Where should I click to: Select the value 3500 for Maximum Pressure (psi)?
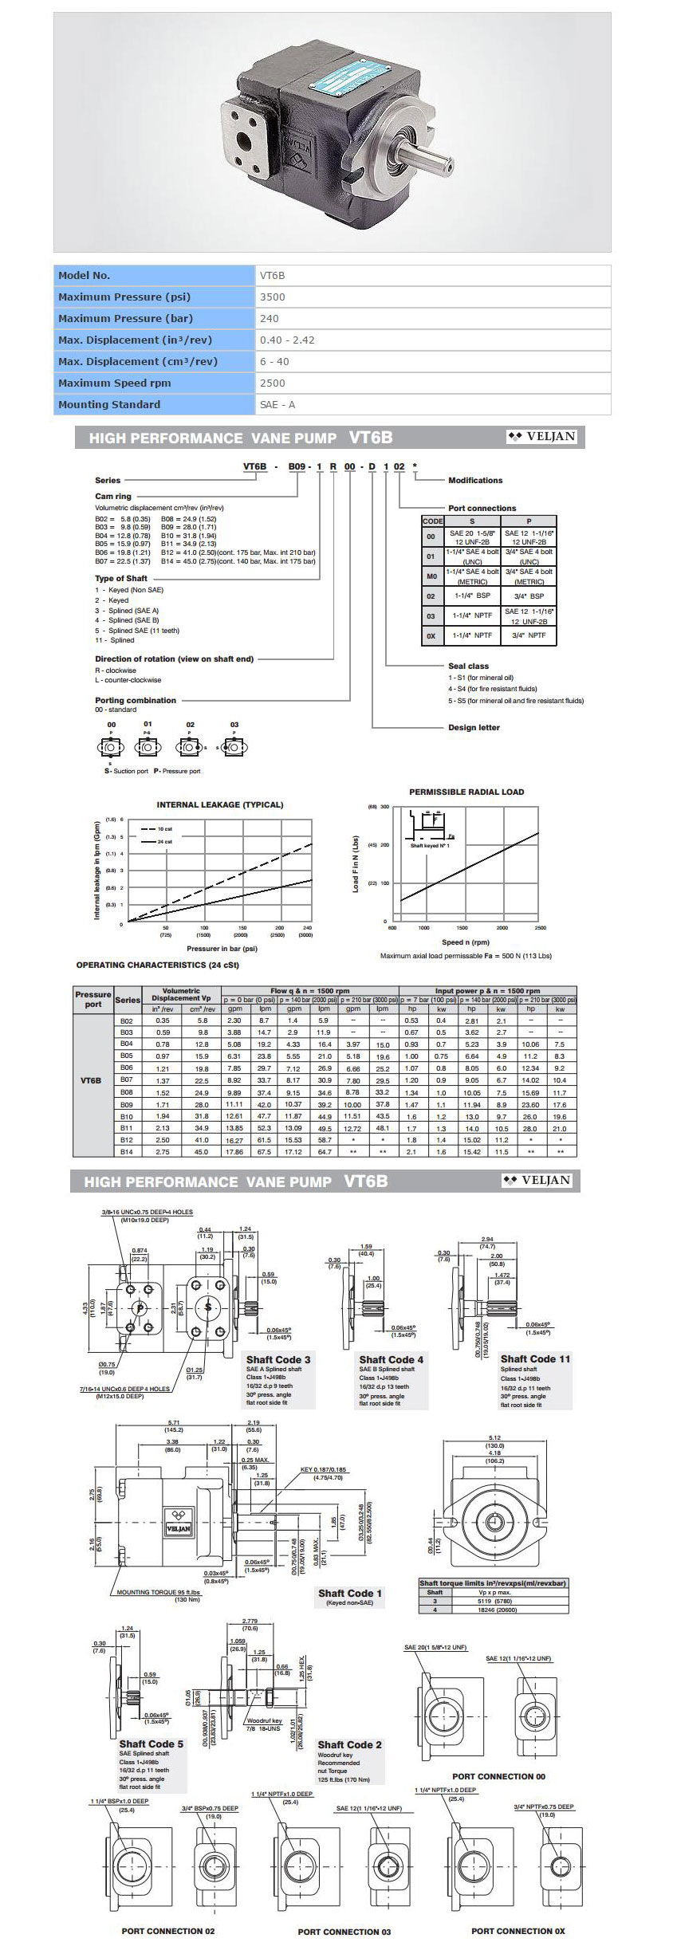(x=273, y=297)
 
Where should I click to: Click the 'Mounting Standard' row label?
(x=109, y=404)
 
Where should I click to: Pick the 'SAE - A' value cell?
(x=277, y=404)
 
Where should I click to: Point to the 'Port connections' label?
(x=482, y=508)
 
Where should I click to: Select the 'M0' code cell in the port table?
(x=431, y=576)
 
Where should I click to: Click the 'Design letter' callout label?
(x=474, y=727)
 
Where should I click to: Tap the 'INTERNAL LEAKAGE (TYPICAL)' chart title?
(x=219, y=804)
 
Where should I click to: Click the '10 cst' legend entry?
(x=164, y=829)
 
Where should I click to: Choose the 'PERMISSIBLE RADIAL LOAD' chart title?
(x=466, y=792)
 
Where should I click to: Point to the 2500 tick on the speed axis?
(x=540, y=928)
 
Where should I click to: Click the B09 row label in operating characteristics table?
(x=126, y=1104)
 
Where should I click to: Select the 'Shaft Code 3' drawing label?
(x=278, y=1359)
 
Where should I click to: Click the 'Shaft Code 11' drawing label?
(x=535, y=1358)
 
